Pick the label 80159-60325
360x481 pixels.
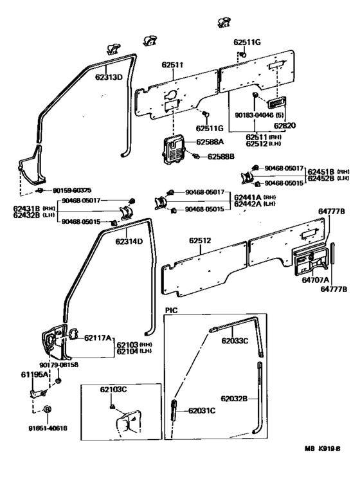pos(72,191)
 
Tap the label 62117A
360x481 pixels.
pos(98,338)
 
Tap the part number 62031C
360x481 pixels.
pos(203,411)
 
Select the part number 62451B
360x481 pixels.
pos(321,171)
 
